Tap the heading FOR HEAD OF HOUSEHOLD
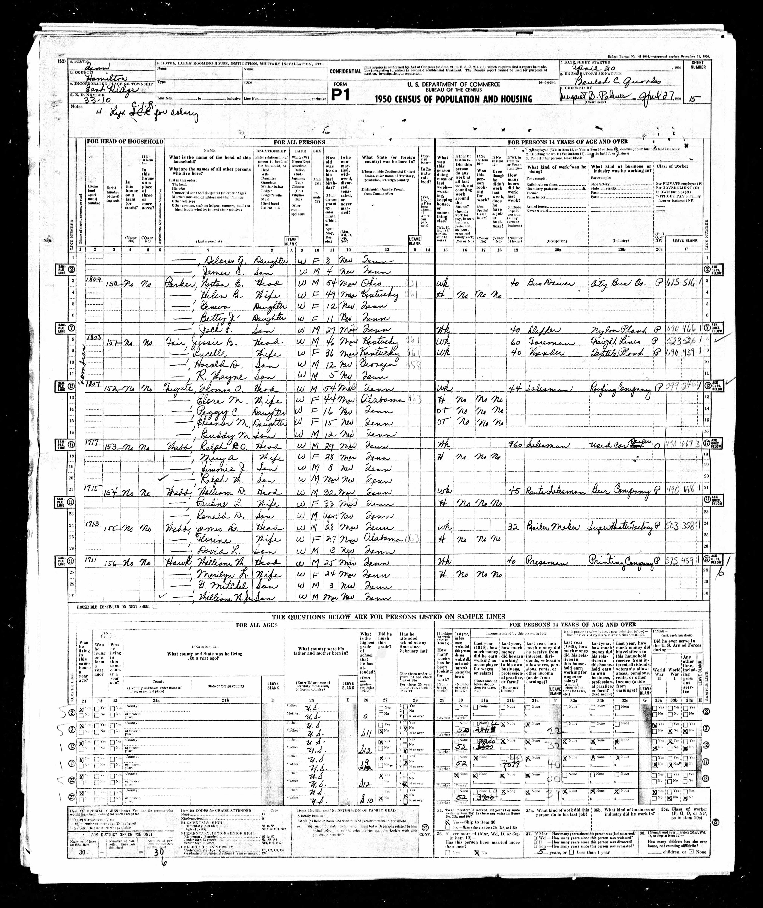(x=125, y=141)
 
